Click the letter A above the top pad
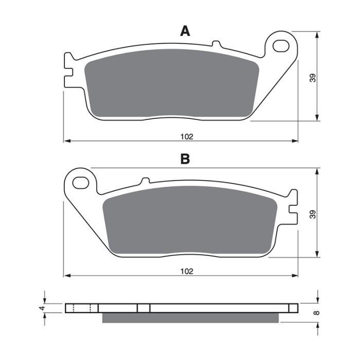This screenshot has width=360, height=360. (x=185, y=31)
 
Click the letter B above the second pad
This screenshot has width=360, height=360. (x=185, y=159)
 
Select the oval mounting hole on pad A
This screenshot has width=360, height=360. (x=280, y=46)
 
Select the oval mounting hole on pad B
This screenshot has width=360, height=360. (x=80, y=182)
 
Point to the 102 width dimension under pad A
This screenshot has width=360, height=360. (x=186, y=137)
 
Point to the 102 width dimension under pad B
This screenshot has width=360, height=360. (x=187, y=271)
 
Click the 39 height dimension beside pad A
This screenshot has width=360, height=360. (x=312, y=77)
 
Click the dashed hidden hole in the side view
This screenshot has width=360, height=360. (x=82, y=308)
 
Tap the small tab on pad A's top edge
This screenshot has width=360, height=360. (x=216, y=44)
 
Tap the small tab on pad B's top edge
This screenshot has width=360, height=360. (x=145, y=180)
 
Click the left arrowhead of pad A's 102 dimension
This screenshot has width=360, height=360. (x=66, y=140)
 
